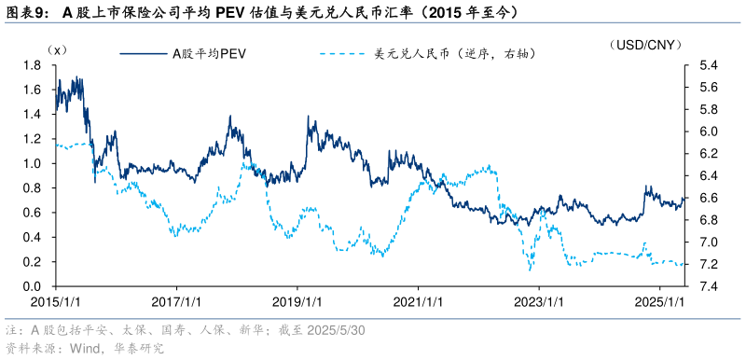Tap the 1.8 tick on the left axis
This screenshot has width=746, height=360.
(34, 66)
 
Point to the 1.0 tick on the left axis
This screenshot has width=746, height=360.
(34, 164)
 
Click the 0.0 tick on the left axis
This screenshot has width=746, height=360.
(34, 286)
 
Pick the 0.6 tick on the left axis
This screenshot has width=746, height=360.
(34, 213)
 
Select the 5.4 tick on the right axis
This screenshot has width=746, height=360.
(707, 66)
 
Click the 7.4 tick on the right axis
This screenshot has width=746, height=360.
(707, 286)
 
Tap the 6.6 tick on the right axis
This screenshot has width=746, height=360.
(707, 198)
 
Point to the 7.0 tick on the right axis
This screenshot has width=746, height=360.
(707, 242)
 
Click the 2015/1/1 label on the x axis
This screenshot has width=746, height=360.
(55, 302)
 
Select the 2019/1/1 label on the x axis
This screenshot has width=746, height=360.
(297, 302)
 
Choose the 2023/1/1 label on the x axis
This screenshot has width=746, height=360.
(540, 302)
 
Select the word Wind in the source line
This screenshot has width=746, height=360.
(84, 349)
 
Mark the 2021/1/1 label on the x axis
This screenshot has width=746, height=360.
(419, 302)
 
